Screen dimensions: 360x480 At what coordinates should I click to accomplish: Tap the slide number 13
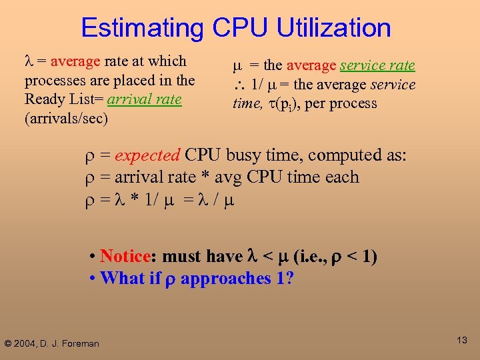coord(462,341)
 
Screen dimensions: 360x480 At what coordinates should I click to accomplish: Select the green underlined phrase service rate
coord(377,65)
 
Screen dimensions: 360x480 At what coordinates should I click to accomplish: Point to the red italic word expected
coord(147,155)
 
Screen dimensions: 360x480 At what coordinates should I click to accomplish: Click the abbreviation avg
coord(228,177)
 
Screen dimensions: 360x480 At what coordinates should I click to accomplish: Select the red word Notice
coord(123,257)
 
